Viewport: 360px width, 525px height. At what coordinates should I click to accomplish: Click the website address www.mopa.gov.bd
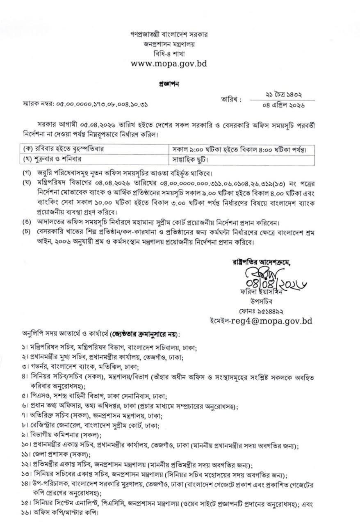tap(168, 64)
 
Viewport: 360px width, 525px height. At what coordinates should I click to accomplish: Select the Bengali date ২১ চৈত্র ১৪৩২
tap(289, 95)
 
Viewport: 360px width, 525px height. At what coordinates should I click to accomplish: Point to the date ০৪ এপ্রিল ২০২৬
tap(289, 105)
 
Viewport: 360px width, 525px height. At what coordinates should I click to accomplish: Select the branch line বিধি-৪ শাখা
tap(168, 53)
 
